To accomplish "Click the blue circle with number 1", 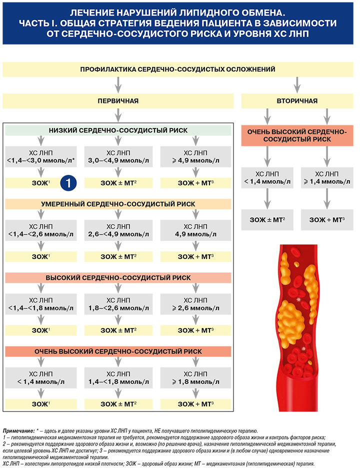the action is tap(68, 183).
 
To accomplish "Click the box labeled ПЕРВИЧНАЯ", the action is tap(118, 101).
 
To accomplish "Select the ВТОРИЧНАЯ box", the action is tap(297, 101).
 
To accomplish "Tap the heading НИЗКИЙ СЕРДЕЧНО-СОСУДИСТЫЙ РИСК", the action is tap(118, 130).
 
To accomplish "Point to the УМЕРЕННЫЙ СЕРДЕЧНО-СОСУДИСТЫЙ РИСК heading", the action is tap(118, 204).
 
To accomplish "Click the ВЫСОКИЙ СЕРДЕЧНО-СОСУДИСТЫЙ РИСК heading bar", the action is tap(118, 278).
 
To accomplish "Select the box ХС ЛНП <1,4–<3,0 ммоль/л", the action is tap(41, 157).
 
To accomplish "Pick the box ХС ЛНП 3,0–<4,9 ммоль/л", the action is tap(118, 157).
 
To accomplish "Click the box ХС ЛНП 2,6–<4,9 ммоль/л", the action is tap(118, 230).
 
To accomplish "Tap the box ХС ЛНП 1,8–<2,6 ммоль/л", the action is tap(118, 304).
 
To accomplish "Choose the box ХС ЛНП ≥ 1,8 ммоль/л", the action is tap(195, 378).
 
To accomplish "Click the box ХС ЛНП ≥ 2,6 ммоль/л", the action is tap(195, 304).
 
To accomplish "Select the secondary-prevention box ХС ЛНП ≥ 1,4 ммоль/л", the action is tap(327, 177).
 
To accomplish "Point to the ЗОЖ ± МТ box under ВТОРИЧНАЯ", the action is tap(267, 219).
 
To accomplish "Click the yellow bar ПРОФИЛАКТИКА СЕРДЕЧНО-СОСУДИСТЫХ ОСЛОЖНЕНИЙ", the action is tap(178, 69).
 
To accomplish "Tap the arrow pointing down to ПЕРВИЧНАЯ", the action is tap(118, 85).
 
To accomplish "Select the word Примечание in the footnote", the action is tap(18, 431).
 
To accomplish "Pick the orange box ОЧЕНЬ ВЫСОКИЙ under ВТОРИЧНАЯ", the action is tap(297, 135).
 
